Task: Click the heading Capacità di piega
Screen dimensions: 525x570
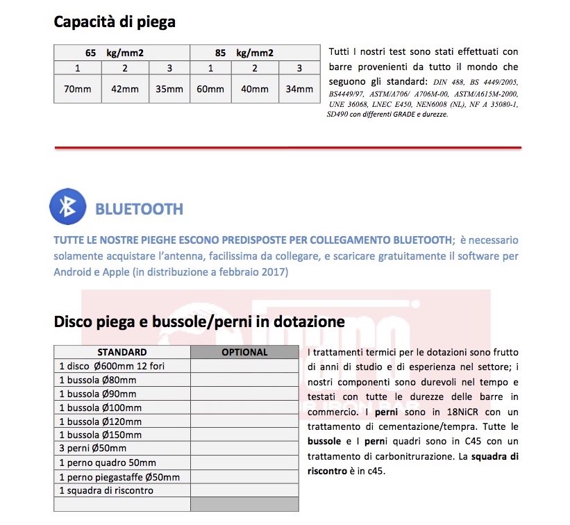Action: click(x=115, y=22)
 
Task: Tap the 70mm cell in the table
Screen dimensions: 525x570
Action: click(x=78, y=89)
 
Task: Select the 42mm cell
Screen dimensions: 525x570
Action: click(x=125, y=89)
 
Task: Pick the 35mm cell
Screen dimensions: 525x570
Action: click(x=169, y=89)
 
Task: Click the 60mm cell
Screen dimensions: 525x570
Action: click(x=210, y=89)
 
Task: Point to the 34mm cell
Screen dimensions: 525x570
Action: click(x=299, y=89)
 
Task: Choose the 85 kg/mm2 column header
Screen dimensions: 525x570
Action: click(x=255, y=53)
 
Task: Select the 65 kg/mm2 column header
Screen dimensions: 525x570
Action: click(x=122, y=53)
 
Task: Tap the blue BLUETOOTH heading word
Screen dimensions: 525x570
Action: click(x=139, y=209)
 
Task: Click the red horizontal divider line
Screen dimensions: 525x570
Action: click(x=287, y=147)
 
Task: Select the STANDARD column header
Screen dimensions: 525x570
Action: click(x=121, y=352)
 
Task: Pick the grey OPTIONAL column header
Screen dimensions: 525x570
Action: click(x=244, y=352)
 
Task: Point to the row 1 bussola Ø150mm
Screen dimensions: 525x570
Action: click(x=100, y=435)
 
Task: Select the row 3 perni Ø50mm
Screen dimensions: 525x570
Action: click(x=92, y=449)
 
